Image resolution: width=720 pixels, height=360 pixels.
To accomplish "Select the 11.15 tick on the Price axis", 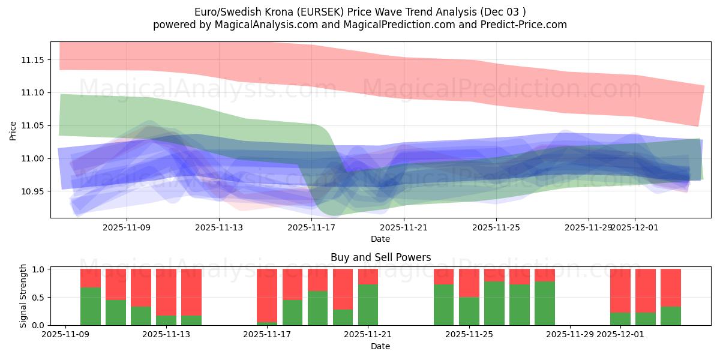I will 34,60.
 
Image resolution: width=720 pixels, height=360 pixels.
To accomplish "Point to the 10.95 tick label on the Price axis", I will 34,191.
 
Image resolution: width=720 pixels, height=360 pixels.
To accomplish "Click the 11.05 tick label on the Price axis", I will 34,125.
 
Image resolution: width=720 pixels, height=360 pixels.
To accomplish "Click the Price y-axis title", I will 13,130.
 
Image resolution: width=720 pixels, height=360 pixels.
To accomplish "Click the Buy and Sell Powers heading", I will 380,257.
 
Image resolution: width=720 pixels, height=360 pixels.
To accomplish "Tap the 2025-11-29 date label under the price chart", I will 589,227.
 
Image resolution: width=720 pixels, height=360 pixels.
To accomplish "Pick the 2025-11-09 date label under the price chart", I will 127,227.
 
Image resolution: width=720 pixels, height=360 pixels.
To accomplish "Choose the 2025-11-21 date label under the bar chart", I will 368,334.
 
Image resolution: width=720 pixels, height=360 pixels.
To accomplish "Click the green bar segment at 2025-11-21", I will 368,305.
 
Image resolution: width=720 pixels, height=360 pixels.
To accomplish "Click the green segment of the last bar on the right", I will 671,316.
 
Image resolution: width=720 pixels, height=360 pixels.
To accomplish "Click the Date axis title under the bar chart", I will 380,346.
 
